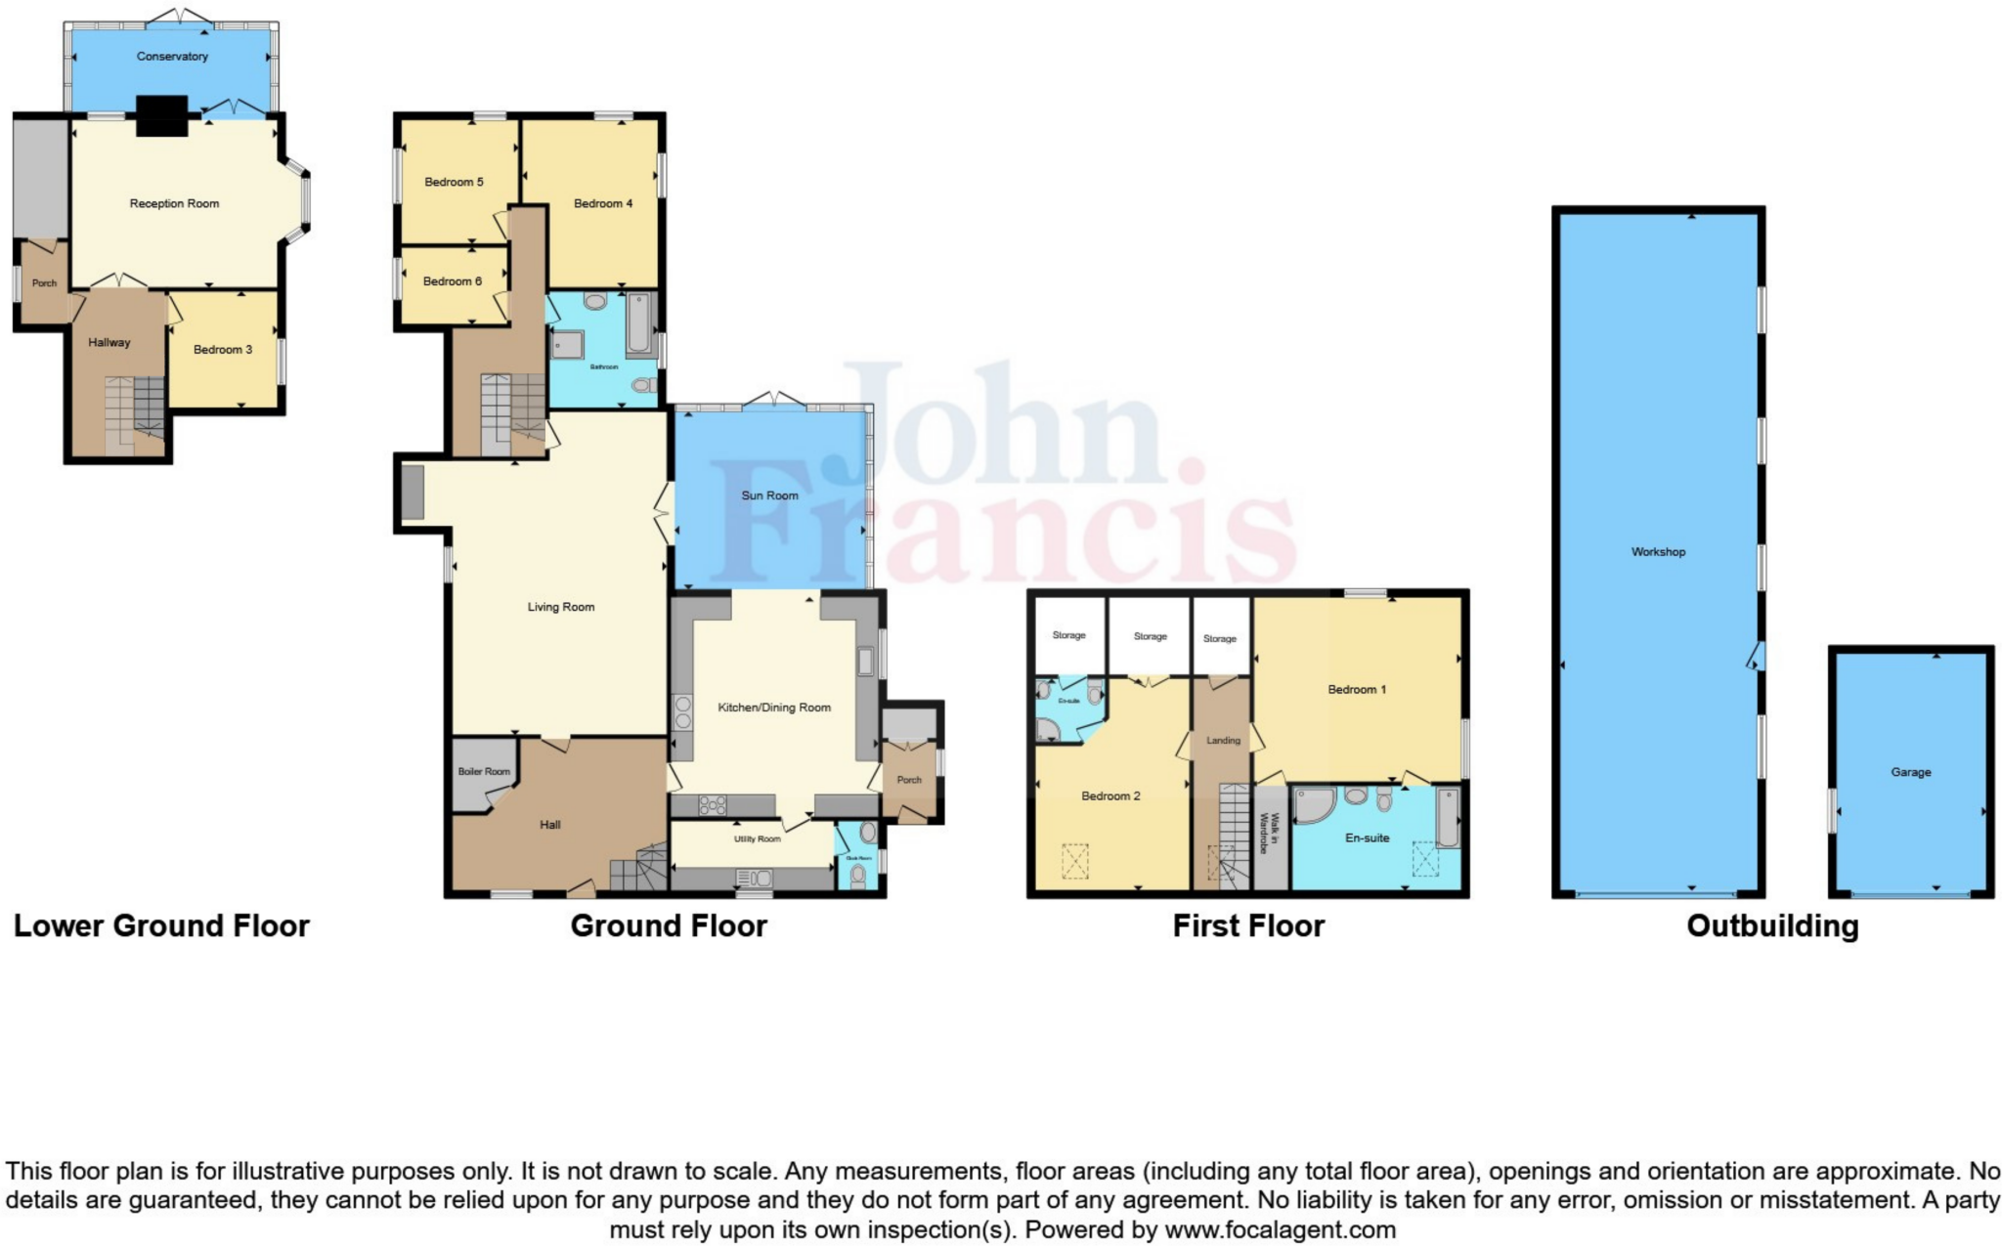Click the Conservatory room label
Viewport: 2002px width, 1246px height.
click(172, 57)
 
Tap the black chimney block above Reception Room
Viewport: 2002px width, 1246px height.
click(161, 115)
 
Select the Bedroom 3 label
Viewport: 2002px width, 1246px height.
click(223, 350)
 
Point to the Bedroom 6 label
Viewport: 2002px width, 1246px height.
click(453, 281)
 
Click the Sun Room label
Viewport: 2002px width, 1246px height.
click(769, 495)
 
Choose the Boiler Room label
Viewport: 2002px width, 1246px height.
click(484, 772)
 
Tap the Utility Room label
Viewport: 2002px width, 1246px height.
click(758, 839)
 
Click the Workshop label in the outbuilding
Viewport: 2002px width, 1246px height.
click(1658, 552)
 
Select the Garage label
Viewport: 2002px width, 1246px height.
click(1910, 772)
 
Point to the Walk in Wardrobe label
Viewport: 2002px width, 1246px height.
click(1268, 834)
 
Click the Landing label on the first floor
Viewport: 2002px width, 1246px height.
click(1223, 741)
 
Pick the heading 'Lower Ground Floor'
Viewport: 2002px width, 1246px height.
click(161, 925)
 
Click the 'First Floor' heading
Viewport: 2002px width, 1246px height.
click(1248, 925)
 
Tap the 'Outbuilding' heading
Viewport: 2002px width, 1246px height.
click(1772, 925)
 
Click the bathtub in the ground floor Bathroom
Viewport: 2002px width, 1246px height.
click(638, 322)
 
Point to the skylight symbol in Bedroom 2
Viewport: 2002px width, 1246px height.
click(1075, 861)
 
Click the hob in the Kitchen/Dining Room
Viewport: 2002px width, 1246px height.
click(713, 805)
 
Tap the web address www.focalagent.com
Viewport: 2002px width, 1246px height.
click(1280, 1229)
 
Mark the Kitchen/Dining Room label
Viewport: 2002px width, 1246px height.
click(774, 708)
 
